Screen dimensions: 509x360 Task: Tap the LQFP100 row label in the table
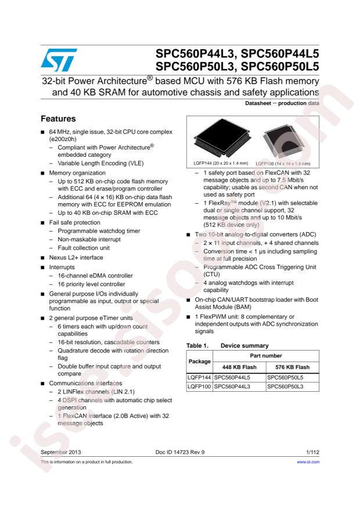pyautogui.click(x=198, y=385)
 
